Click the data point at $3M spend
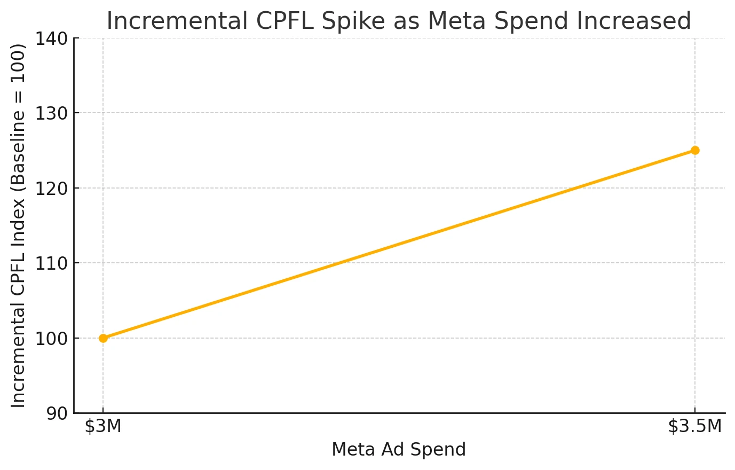(x=103, y=338)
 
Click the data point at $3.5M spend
(x=694, y=150)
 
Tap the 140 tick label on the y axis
(x=51, y=39)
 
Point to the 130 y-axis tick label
(x=51, y=114)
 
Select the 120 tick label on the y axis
(x=51, y=189)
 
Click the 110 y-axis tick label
(x=51, y=263)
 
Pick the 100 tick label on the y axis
(x=51, y=339)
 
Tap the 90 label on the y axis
(x=57, y=414)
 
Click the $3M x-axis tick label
(x=103, y=426)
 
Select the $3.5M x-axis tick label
(x=694, y=426)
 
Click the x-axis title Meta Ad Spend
(x=399, y=450)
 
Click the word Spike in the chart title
(x=353, y=21)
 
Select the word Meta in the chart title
(x=457, y=21)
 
